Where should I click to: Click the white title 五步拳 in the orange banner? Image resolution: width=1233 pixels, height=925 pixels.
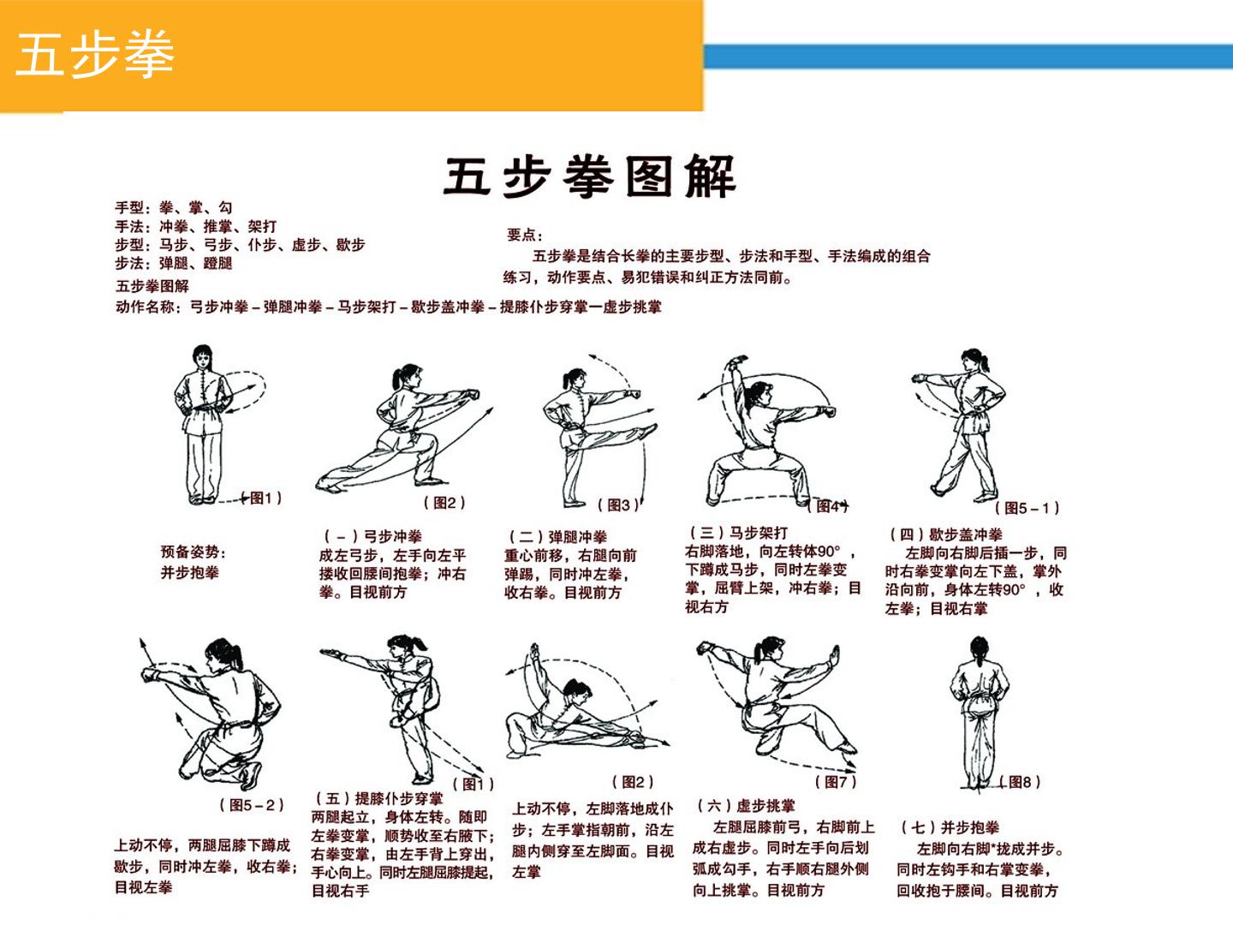[x=95, y=54]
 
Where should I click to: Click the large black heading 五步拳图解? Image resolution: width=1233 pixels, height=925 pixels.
[x=590, y=176]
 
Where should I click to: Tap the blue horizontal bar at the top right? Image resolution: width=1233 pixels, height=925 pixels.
[x=968, y=57]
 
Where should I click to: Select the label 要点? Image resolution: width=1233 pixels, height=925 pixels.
[x=524, y=235]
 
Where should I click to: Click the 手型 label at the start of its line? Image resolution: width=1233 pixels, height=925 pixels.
[x=128, y=208]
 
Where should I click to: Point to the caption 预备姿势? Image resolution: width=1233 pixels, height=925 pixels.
[x=194, y=552]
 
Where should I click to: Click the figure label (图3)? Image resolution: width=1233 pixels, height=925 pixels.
[x=618, y=505]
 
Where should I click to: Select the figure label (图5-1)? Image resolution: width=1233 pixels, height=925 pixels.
[x=1027, y=508]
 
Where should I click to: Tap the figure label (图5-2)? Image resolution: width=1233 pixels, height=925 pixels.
[x=252, y=805]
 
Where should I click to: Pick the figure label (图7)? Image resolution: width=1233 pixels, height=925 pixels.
[x=836, y=782]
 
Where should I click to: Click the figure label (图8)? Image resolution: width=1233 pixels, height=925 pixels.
[x=1020, y=782]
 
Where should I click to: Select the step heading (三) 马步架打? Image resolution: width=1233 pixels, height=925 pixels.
[x=739, y=533]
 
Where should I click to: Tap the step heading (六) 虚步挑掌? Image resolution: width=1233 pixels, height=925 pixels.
[x=746, y=806]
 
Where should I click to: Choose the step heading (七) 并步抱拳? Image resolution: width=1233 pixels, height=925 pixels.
[x=950, y=827]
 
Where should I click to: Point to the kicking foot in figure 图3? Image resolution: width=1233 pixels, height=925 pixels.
[x=648, y=430]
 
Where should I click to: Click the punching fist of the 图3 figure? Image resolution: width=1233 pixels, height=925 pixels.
[x=634, y=393]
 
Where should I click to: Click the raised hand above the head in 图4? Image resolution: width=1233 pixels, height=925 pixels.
[x=738, y=361]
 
